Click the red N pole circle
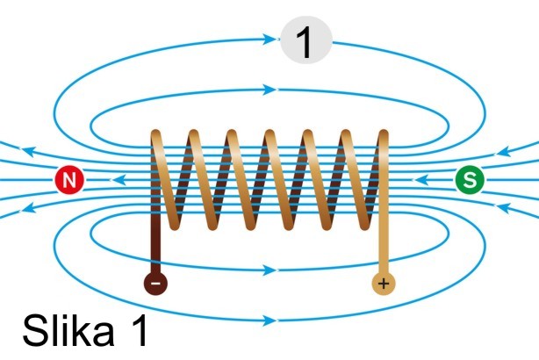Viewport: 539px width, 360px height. coord(69,181)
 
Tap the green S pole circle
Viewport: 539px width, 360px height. coord(471,181)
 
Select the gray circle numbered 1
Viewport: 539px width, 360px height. coord(305,41)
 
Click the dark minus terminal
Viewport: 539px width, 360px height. coord(155,284)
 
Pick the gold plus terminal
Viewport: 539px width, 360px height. coord(383,284)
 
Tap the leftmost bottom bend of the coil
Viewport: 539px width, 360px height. coord(175,225)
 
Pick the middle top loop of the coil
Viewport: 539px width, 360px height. coord(269,135)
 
